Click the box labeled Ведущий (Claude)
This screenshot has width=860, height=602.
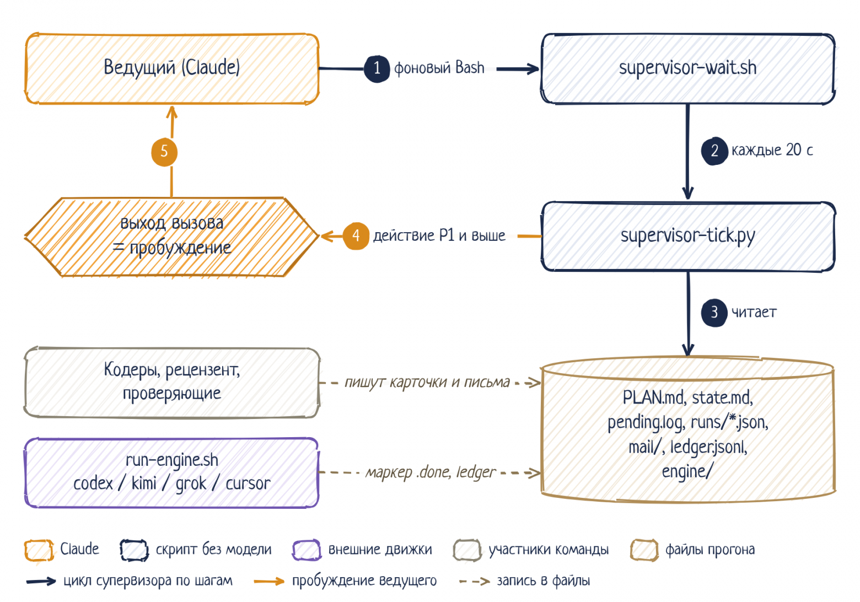coord(172,68)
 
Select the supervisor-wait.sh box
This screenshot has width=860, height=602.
coord(688,68)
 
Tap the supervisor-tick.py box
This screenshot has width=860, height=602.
coord(688,237)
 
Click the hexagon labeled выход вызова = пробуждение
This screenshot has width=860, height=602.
coord(172,237)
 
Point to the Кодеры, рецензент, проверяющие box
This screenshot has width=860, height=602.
coord(172,383)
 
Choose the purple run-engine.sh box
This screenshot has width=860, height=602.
coord(172,472)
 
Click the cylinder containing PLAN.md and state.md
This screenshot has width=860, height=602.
coord(688,429)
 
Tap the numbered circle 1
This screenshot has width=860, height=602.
coord(377,69)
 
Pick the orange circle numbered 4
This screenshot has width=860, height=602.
coord(356,236)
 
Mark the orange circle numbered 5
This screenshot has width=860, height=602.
coord(164,152)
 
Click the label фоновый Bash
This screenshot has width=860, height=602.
coord(439,68)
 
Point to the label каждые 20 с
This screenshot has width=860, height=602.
coord(772,150)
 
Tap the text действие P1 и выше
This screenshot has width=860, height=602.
coord(439,236)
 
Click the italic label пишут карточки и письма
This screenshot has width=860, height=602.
coord(427,383)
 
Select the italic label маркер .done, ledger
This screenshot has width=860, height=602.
coord(431,472)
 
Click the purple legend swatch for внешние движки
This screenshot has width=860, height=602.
coord(307,550)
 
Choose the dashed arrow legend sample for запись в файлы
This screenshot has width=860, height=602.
coord(475,582)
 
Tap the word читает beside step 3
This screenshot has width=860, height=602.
coord(754,313)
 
